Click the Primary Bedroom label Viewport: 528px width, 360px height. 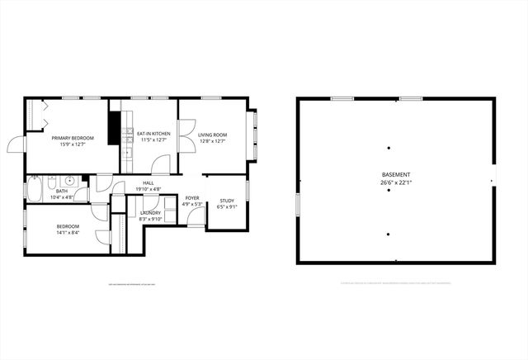click(x=73, y=138)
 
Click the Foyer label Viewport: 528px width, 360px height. click(x=192, y=198)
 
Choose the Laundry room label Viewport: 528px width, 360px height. click(x=150, y=212)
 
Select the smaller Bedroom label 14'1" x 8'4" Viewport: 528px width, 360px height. click(x=68, y=226)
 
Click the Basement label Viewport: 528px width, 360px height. click(x=396, y=174)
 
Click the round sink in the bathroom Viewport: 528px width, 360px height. click(x=70, y=180)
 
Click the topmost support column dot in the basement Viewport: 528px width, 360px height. click(x=388, y=148)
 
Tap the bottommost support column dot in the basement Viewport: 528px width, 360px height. click(x=388, y=234)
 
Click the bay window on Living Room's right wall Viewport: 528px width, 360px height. click(x=255, y=136)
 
